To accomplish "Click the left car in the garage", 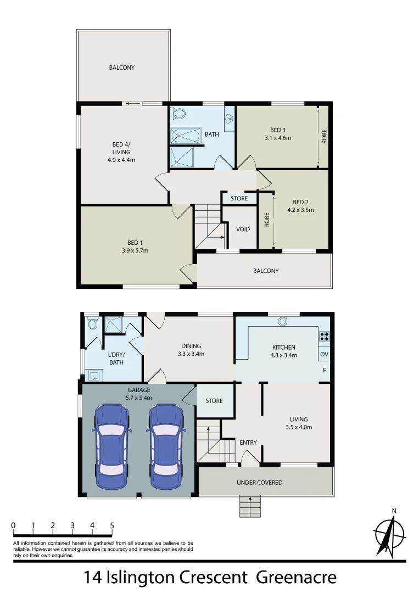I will click(113, 446).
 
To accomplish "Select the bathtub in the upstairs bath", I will click(186, 136).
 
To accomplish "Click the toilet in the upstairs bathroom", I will click(178, 114).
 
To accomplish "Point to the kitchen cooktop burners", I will click(324, 336).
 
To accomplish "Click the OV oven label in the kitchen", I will click(324, 354).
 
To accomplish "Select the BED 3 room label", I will click(277, 130).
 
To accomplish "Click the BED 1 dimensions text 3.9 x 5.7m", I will click(135, 250).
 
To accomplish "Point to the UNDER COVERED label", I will click(259, 483).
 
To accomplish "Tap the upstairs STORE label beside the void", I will click(239, 198).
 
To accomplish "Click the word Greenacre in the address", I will click(296, 578).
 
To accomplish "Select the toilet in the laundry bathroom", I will click(92, 324).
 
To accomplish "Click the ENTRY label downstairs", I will click(248, 443).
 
